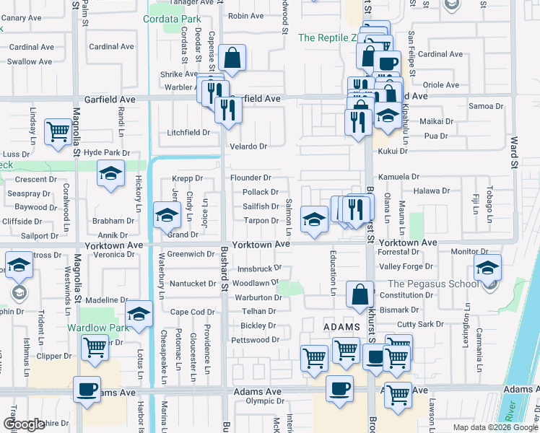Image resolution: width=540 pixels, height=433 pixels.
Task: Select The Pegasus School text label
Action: (x=433, y=284)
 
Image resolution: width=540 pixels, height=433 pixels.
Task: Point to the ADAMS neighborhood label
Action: (x=341, y=327)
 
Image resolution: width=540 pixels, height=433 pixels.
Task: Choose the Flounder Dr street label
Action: (x=251, y=178)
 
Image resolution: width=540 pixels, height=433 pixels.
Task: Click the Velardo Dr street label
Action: (x=248, y=146)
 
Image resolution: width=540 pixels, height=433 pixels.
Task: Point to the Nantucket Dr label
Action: (x=192, y=284)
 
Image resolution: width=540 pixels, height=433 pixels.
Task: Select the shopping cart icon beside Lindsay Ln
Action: (x=58, y=131)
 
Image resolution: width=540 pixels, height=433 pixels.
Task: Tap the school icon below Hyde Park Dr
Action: (x=110, y=173)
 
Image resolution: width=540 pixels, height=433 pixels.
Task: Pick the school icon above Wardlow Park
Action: (x=139, y=313)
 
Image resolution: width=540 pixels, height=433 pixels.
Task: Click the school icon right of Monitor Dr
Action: (x=487, y=268)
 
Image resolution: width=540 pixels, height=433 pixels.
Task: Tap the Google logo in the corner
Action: (x=24, y=424)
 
